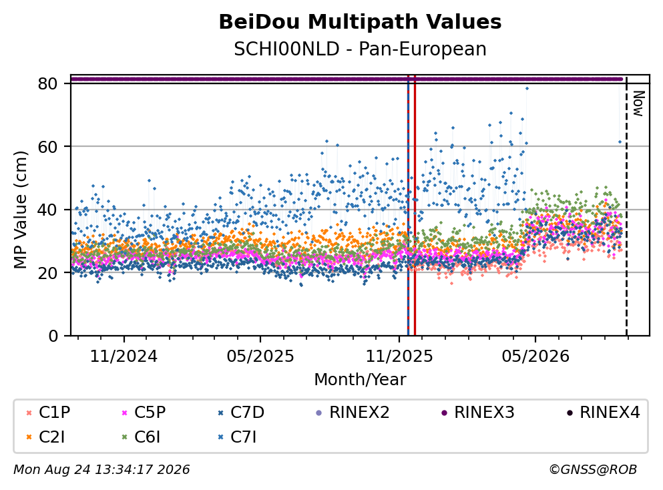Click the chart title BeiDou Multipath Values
click(x=360, y=22)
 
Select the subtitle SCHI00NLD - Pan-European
click(x=360, y=49)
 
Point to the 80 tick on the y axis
click(x=48, y=83)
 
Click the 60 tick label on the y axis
click(x=48, y=147)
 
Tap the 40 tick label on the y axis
click(x=48, y=210)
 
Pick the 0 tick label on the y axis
click(x=53, y=336)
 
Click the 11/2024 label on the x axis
click(x=124, y=356)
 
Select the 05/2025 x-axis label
click(x=260, y=356)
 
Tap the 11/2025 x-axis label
click(x=399, y=356)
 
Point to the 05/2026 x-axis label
click(x=535, y=356)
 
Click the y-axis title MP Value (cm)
click(x=20, y=210)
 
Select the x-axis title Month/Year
click(x=360, y=380)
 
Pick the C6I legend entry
click(x=141, y=437)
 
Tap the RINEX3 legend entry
click(x=477, y=412)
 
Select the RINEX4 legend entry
click(x=603, y=412)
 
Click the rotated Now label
click(x=638, y=103)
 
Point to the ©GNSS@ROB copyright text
click(x=593, y=469)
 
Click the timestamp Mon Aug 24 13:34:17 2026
click(x=101, y=469)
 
